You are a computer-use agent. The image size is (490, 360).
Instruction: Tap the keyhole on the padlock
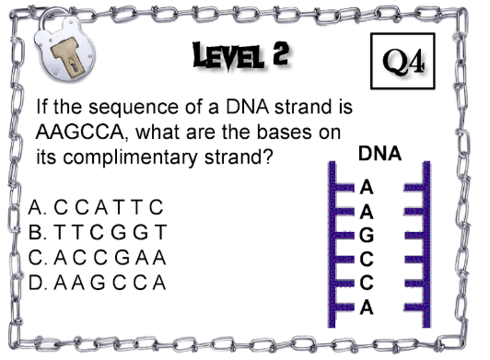pos(74,66)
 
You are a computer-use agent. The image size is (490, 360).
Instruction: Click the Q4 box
pos(402,61)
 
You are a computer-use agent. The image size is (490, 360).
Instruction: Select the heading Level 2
pos(240,55)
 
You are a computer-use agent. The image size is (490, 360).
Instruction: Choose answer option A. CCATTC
pos(96,207)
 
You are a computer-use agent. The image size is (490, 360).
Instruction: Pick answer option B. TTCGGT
pos(98,232)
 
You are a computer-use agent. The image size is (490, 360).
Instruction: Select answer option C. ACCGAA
pos(98,258)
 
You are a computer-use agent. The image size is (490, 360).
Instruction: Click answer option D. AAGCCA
pos(98,283)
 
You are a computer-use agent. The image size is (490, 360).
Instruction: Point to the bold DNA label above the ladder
pos(379,154)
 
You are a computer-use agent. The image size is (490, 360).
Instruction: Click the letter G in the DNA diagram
pos(367,235)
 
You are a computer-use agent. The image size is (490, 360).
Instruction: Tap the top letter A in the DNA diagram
pos(367,188)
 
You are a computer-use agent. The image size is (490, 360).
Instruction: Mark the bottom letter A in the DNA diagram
pos(367,308)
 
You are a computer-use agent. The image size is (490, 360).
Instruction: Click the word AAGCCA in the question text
pos(82,132)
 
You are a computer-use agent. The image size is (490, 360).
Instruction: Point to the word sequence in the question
pos(134,108)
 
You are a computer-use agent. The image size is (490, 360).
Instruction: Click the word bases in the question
pos(284,132)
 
